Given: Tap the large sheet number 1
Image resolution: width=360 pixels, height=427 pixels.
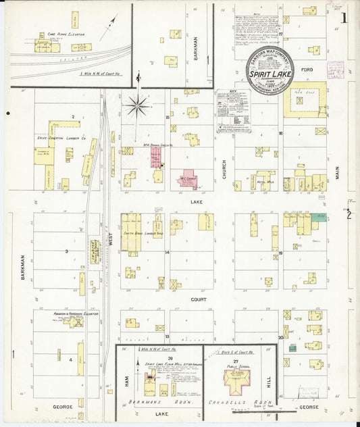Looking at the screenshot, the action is pos(344,18).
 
